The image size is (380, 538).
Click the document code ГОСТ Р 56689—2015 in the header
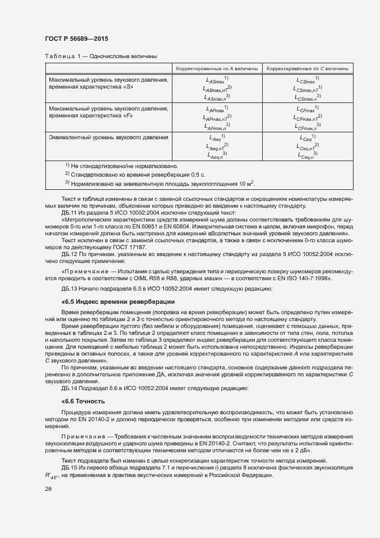[x=76, y=39]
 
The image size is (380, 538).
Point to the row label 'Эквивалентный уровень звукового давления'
[x=108, y=138]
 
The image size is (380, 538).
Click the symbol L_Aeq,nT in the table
[x=216, y=147]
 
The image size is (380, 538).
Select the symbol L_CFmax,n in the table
[x=309, y=127]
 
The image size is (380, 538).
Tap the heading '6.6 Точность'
[x=86, y=400]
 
